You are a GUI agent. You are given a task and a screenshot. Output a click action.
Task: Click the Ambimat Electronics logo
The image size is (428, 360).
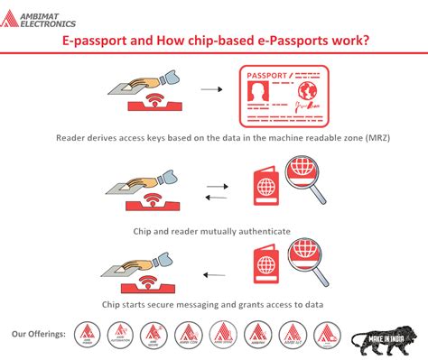(x=41, y=16)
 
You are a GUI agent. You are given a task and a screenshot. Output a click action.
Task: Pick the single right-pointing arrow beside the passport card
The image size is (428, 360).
(x=210, y=90)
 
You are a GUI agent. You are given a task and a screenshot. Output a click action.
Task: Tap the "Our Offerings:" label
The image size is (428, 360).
(x=39, y=334)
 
